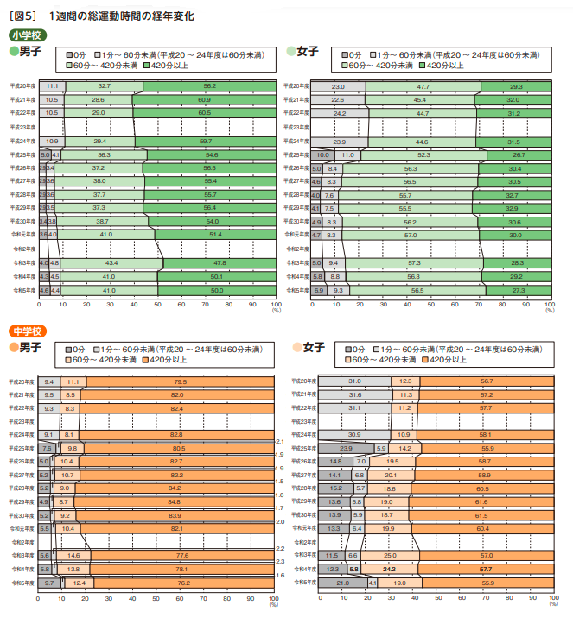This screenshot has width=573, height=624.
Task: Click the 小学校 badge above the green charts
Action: [x=26, y=35]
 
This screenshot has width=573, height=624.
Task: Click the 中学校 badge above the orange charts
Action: [x=26, y=331]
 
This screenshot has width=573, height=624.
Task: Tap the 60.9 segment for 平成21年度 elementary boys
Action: [x=204, y=100]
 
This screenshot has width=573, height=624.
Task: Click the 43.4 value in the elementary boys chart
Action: [x=111, y=262]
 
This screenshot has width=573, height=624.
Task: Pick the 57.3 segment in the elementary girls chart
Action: [x=414, y=262]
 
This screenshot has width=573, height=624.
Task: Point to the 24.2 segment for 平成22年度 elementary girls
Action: [x=339, y=113]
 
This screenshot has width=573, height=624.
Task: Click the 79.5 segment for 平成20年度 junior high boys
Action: [x=180, y=381]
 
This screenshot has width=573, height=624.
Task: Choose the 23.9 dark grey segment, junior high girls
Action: [x=346, y=449]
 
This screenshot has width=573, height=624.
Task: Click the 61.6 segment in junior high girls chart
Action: [x=481, y=501]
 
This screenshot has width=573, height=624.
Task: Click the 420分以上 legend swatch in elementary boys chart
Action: [x=148, y=65]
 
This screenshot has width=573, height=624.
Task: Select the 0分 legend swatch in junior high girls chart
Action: [x=347, y=348]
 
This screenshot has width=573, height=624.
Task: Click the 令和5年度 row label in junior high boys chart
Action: [x=23, y=583]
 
